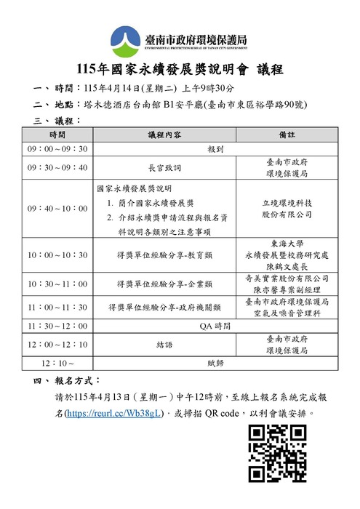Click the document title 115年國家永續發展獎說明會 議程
coord(180,70)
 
